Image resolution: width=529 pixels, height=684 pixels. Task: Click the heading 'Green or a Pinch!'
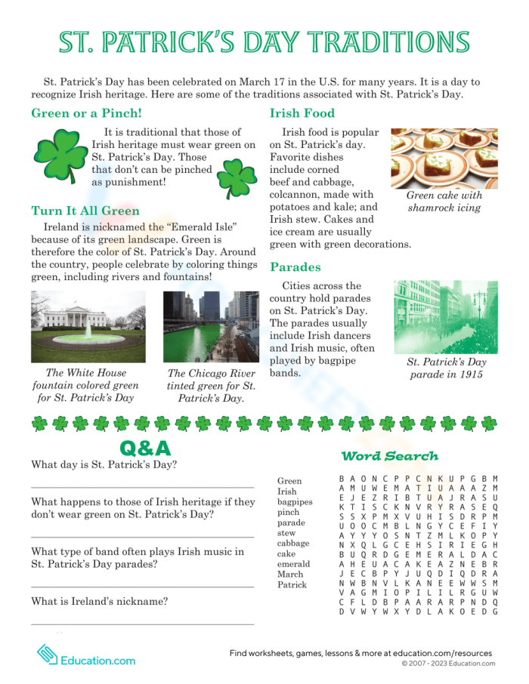pos(86,114)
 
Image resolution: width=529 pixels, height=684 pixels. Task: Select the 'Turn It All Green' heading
pos(85,211)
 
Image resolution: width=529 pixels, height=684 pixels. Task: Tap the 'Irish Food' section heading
pos(302,114)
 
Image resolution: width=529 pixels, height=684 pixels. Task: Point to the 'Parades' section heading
pos(295,267)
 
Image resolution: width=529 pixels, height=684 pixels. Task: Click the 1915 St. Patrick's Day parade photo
pos(445,316)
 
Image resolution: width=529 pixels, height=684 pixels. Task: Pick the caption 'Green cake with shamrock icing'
pos(444,202)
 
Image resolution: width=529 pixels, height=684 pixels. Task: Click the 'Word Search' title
pos(389,456)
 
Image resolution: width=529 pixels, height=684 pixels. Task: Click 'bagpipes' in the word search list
pos(295,501)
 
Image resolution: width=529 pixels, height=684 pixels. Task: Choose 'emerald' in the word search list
pos(293,564)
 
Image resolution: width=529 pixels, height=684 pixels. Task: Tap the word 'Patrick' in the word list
pos(292,584)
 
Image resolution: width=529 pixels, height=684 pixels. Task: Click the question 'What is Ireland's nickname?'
pos(99,602)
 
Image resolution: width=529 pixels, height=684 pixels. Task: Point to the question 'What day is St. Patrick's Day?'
pos(104,464)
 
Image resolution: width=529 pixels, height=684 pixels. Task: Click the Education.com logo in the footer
pos(85,655)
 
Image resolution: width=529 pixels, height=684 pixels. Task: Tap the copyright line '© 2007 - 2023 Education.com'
pos(448,664)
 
